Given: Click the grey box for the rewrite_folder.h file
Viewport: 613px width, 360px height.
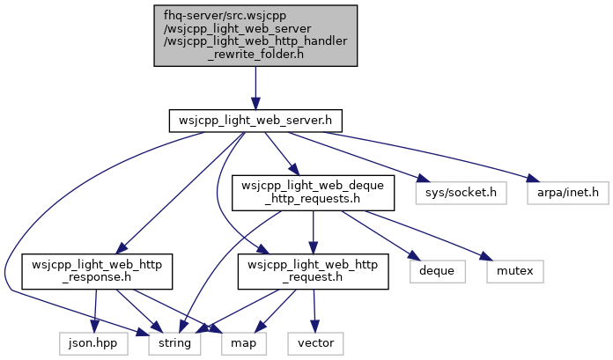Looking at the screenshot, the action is [255, 35].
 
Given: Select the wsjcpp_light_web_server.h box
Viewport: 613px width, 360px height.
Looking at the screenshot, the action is [255, 121].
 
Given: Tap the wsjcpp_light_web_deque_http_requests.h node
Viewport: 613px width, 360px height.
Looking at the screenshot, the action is [313, 193].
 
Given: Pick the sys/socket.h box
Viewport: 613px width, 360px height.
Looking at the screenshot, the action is [461, 193].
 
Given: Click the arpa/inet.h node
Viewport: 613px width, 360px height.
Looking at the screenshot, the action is [568, 193].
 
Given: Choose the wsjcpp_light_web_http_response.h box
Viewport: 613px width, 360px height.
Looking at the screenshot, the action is [97, 272].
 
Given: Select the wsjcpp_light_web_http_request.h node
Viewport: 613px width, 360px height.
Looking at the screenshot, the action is [313, 272].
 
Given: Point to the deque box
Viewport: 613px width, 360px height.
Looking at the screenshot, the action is [438, 271].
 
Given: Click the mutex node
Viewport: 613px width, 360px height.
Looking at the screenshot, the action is [515, 271].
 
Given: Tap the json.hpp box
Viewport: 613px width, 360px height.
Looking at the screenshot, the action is [93, 343].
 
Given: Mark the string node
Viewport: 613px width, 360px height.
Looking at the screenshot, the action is [174, 343].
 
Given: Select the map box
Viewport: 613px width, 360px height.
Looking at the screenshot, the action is [244, 343].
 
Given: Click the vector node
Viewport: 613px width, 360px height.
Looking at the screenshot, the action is [315, 343].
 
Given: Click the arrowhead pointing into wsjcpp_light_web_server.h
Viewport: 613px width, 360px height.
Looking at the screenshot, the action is [255, 104].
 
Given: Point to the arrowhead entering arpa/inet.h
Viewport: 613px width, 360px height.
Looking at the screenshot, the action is [533, 179].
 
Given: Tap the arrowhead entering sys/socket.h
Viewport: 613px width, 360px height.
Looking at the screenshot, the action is [424, 179].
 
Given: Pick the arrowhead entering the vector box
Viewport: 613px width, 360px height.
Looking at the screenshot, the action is [314, 327].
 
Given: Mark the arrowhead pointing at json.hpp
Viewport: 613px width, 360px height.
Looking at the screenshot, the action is [94, 327].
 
